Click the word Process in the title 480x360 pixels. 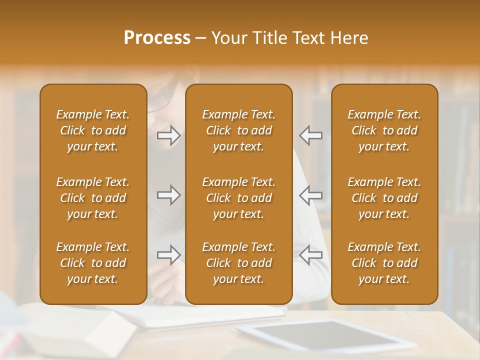[x=157, y=38]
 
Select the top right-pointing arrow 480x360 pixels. [x=169, y=135]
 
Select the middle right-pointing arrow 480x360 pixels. [x=169, y=195]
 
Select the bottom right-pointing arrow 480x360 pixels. [x=169, y=255]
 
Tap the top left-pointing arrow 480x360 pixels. [x=310, y=135]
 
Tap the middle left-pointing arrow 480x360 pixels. [x=310, y=195]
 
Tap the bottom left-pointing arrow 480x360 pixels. [x=310, y=255]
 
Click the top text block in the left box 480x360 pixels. [x=93, y=130]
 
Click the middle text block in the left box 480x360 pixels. [x=93, y=198]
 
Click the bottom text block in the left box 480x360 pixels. [x=93, y=263]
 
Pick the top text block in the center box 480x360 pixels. [x=238, y=130]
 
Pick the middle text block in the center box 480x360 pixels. [x=238, y=198]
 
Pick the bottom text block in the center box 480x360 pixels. [x=238, y=263]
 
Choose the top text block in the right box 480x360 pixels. [x=384, y=130]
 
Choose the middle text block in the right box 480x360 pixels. [x=384, y=198]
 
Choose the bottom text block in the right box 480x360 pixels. [x=384, y=263]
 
